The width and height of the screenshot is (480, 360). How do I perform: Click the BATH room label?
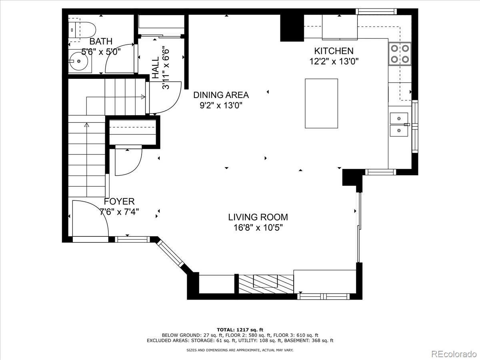tap(101, 41)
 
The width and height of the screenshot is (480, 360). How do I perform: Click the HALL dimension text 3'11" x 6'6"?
tap(166, 69)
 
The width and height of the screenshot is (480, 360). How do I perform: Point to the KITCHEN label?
tap(334, 51)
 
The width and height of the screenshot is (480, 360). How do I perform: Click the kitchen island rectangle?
tap(321, 103)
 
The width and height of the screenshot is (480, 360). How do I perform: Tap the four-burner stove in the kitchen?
tap(400, 54)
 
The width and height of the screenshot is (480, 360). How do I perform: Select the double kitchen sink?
tap(399, 124)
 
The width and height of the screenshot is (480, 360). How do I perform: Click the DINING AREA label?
tap(221, 95)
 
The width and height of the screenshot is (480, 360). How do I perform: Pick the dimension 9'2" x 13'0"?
tap(221, 106)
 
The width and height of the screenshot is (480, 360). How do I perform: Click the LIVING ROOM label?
tap(258, 217)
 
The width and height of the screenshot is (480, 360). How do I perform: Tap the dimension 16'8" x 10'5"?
tap(258, 228)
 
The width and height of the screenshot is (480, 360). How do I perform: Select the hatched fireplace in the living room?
tap(266, 284)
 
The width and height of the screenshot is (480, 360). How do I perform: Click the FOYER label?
tap(119, 201)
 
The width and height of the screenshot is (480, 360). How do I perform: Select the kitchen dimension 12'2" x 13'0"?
tap(334, 62)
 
